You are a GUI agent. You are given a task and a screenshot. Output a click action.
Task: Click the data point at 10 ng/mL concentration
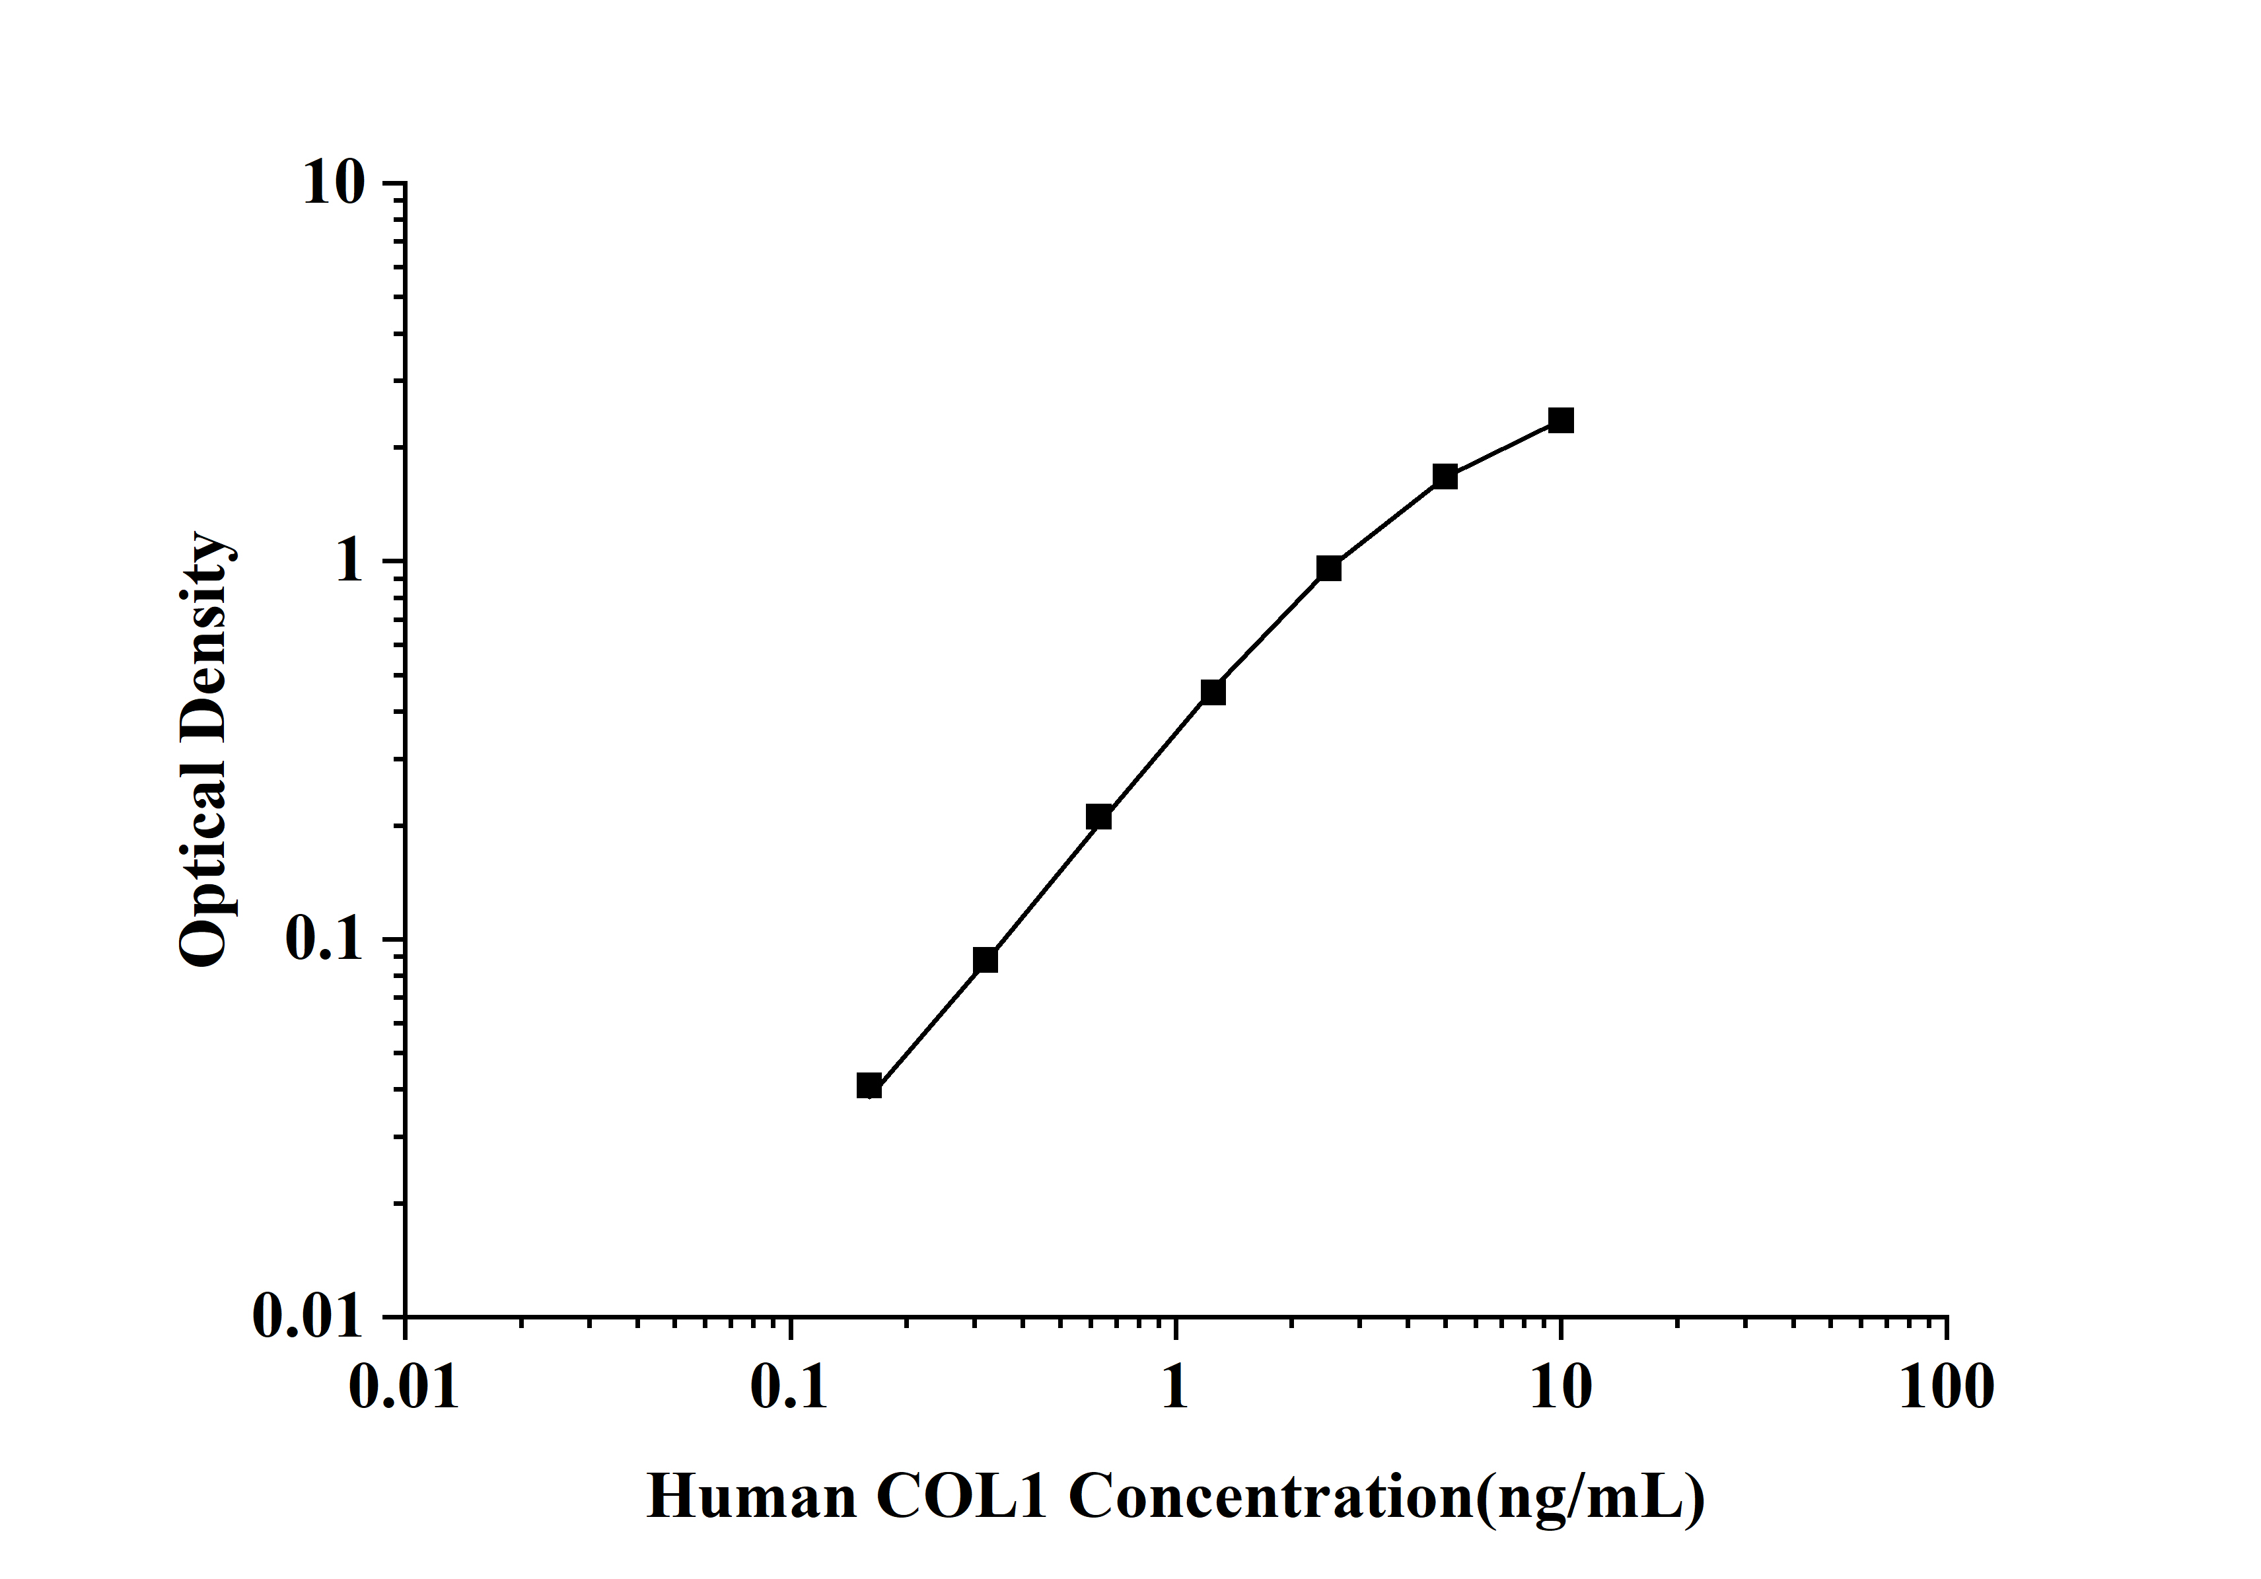pyautogui.click(x=1561, y=421)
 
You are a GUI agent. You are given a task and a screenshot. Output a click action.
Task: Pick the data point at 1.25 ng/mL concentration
pyautogui.click(x=1213, y=693)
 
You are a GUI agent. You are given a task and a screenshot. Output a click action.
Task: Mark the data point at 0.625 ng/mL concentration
pyautogui.click(x=1099, y=817)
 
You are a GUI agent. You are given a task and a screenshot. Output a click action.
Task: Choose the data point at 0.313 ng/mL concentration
pyautogui.click(x=985, y=960)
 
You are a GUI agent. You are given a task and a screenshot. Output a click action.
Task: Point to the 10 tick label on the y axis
pyautogui.click(x=333, y=184)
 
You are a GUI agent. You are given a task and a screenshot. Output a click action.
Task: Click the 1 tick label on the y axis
pyautogui.click(x=349, y=562)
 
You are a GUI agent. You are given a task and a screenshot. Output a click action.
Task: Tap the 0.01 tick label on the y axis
pyautogui.click(x=307, y=1316)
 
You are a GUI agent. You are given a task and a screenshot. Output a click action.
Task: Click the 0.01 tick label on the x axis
pyautogui.click(x=405, y=1389)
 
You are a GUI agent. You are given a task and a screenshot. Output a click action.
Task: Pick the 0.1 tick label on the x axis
pyautogui.click(x=790, y=1389)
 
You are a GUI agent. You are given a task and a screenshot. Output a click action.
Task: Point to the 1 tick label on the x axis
pyautogui.click(x=1175, y=1389)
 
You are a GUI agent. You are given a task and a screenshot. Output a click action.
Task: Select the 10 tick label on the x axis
pyautogui.click(x=1561, y=1389)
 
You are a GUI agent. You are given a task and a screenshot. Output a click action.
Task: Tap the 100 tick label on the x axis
pyautogui.click(x=1946, y=1389)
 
